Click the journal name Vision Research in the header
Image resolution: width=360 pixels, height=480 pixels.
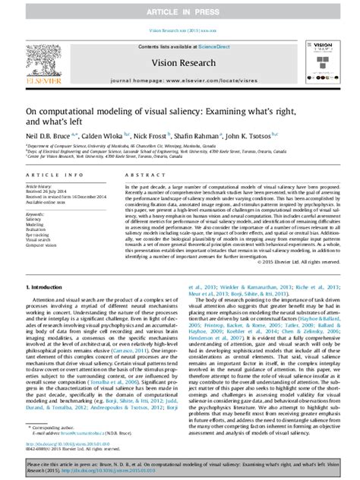coord(179,64)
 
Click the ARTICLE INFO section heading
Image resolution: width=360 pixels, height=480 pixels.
coord(49,175)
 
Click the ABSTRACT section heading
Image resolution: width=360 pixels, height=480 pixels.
coord(131,175)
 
